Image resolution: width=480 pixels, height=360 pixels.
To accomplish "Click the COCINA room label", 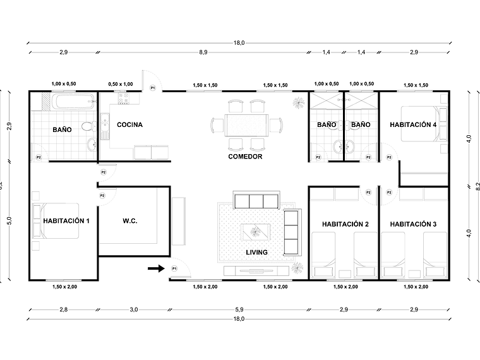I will tap(129, 125).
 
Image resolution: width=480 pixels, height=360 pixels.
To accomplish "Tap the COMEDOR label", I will tap(245, 156).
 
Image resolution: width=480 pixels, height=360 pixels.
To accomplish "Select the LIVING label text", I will tap(256, 253).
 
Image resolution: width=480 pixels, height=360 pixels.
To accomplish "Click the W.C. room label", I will tap(130, 221).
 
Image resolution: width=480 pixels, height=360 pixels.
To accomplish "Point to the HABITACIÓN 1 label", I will tap(66, 221).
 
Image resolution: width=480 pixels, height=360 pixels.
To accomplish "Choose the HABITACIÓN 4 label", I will tap(413, 125).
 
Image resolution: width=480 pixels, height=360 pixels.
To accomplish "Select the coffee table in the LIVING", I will tap(256, 232).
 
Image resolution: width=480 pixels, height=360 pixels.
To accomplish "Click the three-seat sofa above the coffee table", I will tap(256, 201).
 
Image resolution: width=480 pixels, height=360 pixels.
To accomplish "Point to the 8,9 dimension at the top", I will tap(203, 52).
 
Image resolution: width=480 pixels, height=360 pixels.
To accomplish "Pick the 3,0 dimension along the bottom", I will tap(134, 310).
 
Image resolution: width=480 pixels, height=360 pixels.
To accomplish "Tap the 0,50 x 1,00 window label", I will tap(121, 84).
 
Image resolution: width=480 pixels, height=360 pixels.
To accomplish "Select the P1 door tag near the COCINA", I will tap(152, 88).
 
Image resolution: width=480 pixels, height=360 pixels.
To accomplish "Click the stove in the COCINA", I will tap(122, 99).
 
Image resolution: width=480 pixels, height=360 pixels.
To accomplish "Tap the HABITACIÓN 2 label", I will tap(345, 224).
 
